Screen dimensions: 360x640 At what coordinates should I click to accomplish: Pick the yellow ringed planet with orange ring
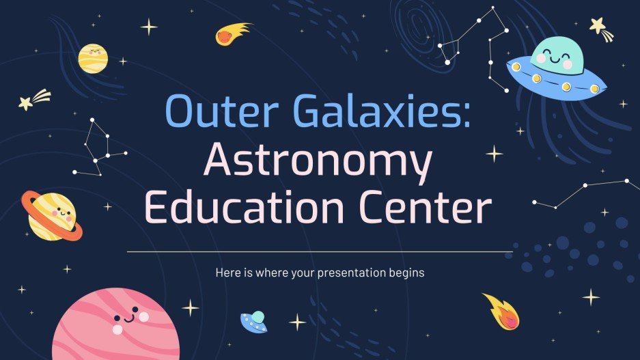[x=51, y=214]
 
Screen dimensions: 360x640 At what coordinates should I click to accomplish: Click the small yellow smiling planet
[x=92, y=57]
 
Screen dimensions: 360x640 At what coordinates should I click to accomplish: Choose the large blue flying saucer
[x=557, y=75]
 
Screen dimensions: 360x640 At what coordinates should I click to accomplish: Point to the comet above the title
[x=230, y=34]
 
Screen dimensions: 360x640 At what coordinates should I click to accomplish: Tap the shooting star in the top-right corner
[x=601, y=29]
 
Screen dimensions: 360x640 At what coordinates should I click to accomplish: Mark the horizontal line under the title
[x=320, y=251]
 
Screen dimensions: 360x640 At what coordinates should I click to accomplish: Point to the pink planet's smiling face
[x=126, y=317]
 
